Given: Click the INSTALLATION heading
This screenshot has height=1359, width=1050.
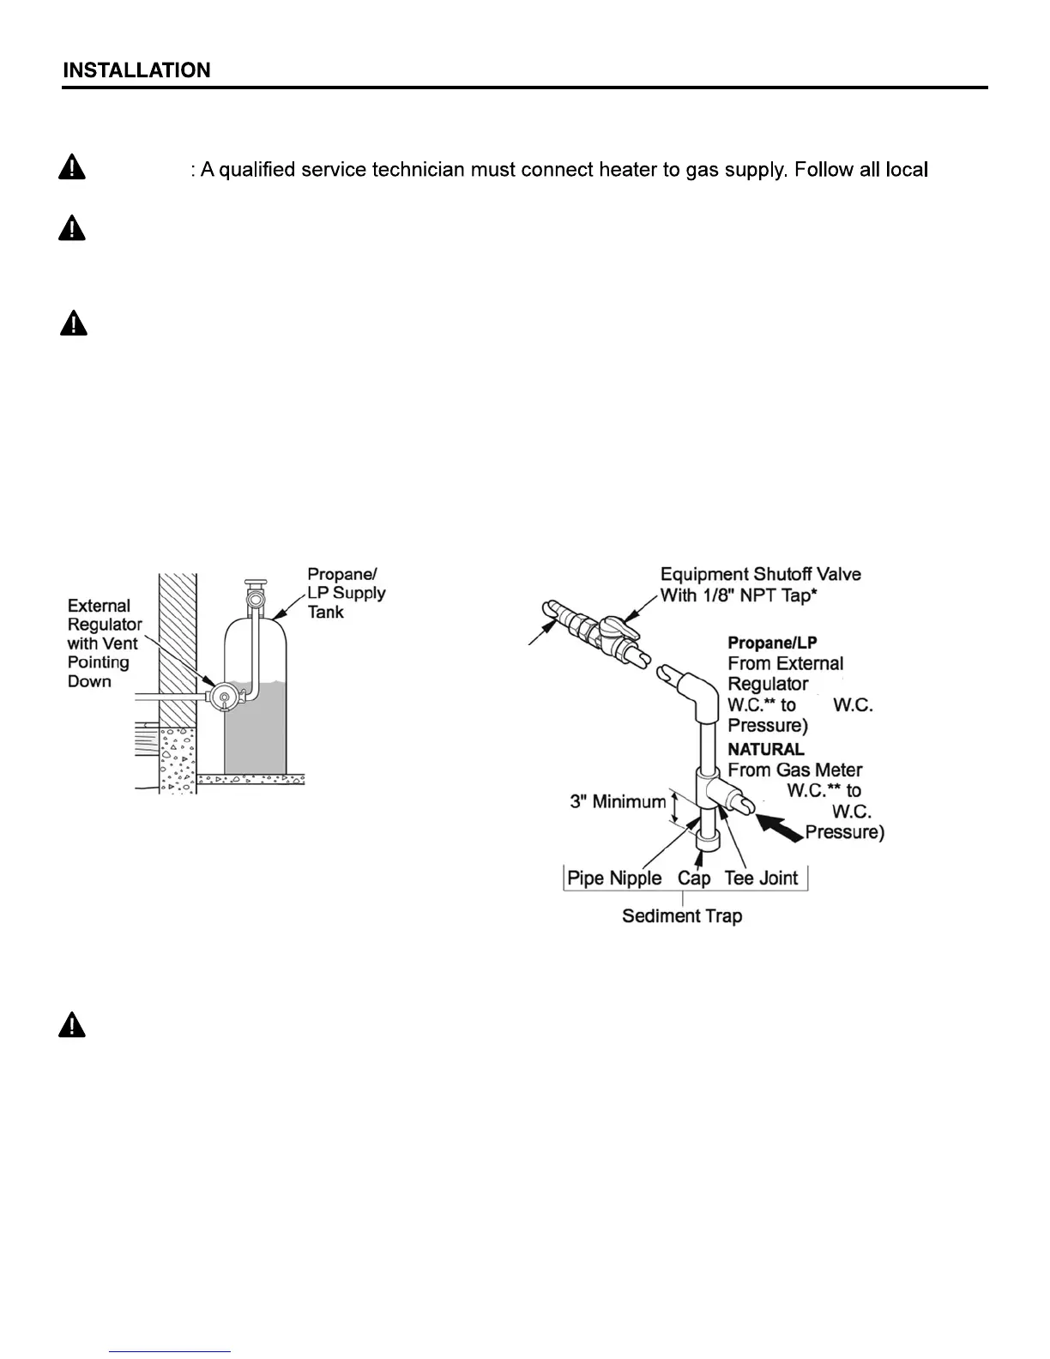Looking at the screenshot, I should (136, 70).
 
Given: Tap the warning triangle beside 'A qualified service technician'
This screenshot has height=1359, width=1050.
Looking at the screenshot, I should (72, 167).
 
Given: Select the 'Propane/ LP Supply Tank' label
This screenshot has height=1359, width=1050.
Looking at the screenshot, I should (346, 593).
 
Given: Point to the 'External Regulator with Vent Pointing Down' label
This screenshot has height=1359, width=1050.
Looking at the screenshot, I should (104, 643).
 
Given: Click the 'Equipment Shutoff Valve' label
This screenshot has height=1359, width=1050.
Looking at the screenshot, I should (760, 575).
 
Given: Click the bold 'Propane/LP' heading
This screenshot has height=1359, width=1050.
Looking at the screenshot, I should (772, 643).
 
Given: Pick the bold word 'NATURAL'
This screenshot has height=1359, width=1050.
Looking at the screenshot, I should (766, 749).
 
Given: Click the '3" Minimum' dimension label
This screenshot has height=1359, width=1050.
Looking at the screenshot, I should (618, 802).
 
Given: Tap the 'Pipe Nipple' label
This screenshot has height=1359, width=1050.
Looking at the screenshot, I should (614, 879).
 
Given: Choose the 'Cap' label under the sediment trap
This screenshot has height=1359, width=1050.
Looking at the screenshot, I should (694, 879).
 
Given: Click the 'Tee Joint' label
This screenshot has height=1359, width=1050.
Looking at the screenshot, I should (761, 879).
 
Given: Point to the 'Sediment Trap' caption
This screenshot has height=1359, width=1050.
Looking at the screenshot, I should (682, 916).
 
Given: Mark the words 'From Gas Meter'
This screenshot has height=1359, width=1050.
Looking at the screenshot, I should (794, 770).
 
